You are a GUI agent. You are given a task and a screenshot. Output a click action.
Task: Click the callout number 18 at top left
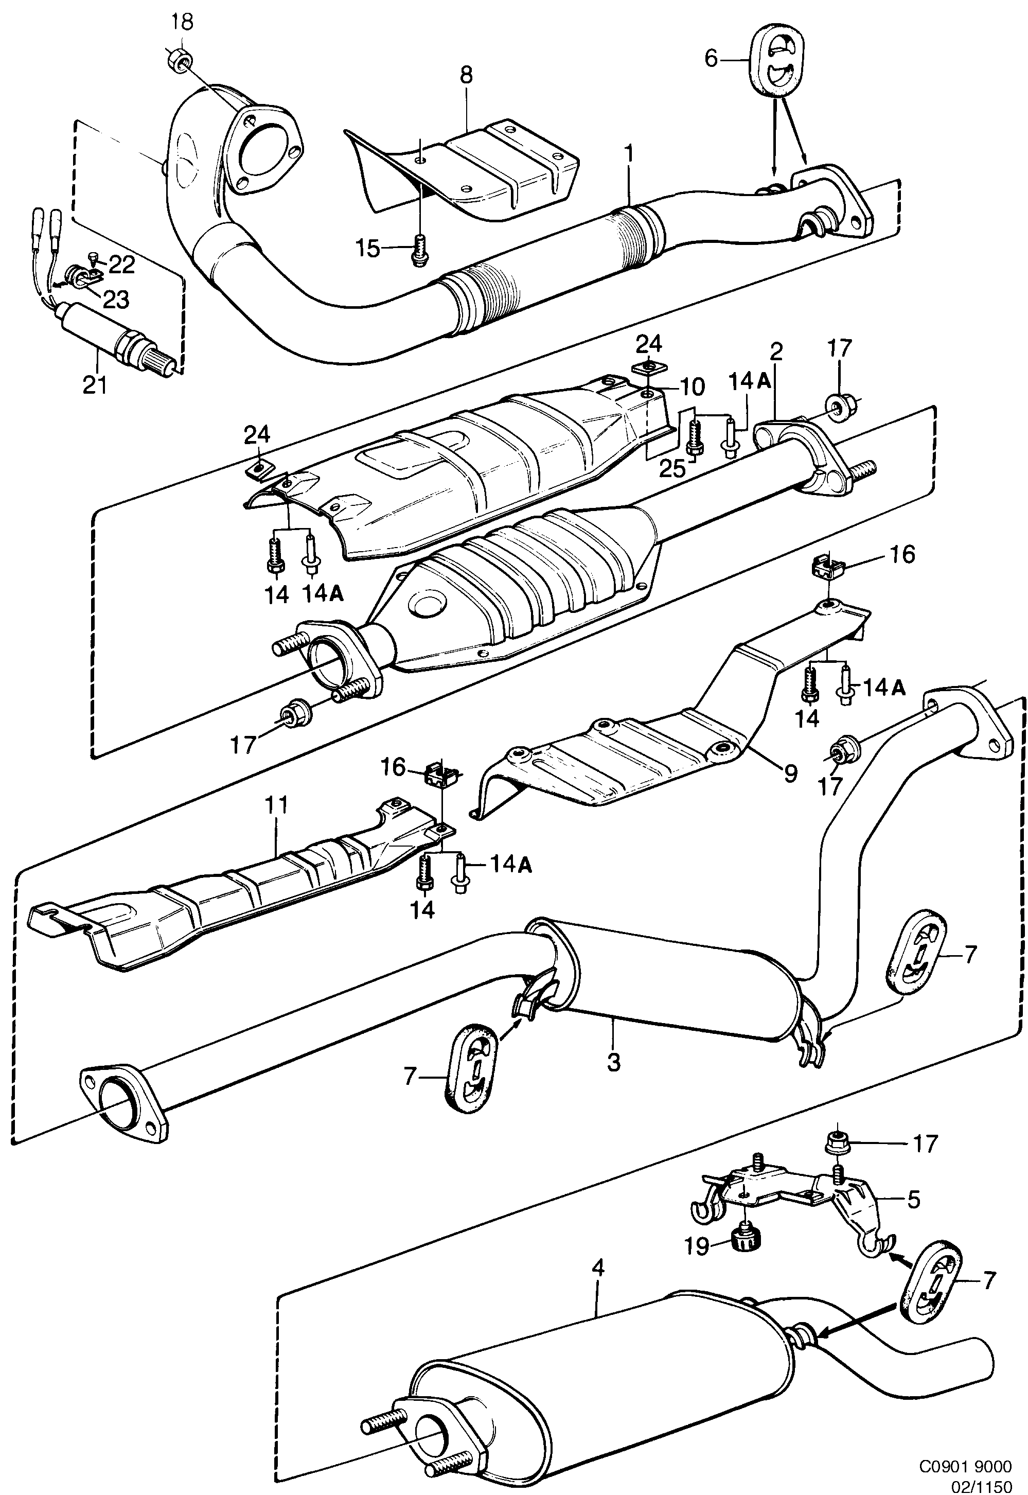coord(182,23)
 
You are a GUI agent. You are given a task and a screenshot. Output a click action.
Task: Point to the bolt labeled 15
coord(419,249)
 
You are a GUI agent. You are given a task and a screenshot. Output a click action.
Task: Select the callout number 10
coord(690,386)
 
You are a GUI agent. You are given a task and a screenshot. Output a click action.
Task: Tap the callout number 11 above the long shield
coord(278,805)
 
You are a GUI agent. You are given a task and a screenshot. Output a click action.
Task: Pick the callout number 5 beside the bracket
coord(913,1200)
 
